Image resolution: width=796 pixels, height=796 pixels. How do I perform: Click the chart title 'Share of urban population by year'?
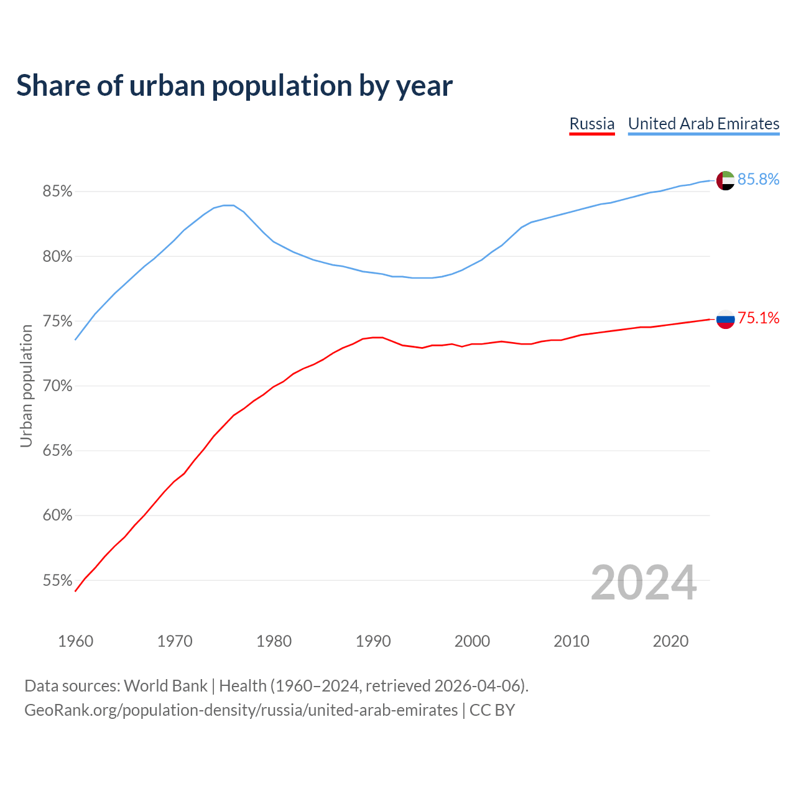(234, 86)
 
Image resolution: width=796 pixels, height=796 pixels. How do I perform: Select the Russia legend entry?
(592, 124)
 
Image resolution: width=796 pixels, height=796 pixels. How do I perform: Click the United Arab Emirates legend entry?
(703, 124)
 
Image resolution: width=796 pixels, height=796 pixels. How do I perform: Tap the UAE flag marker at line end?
(725, 180)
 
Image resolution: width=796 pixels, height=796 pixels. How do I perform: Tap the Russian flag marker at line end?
(725, 319)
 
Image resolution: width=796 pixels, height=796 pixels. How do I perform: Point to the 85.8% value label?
(758, 179)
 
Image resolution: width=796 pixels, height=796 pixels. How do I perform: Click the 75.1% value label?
(758, 318)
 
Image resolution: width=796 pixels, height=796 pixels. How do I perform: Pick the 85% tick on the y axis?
(57, 192)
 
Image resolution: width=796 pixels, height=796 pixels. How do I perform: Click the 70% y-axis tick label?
(57, 386)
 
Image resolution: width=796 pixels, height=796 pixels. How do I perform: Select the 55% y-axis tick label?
(57, 581)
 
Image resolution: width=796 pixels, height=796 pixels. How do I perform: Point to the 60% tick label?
(57, 516)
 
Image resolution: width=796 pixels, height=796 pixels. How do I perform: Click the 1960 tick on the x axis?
(75, 641)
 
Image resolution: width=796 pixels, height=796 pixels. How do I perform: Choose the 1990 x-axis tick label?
(373, 641)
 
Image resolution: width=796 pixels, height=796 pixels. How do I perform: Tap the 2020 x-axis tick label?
(670, 641)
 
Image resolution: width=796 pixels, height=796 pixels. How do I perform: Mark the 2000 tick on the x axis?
(472, 641)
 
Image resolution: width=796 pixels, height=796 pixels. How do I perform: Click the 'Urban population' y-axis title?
(26, 386)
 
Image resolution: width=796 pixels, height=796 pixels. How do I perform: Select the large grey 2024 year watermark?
(644, 583)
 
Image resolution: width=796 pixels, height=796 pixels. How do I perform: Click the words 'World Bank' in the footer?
(165, 686)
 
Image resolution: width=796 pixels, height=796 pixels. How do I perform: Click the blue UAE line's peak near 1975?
(228, 205)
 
